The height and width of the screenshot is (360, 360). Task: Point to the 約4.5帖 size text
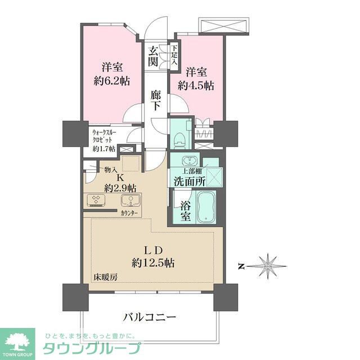pyautogui.click(x=196, y=85)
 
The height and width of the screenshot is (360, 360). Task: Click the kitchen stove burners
pyautogui.click(x=95, y=200)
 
